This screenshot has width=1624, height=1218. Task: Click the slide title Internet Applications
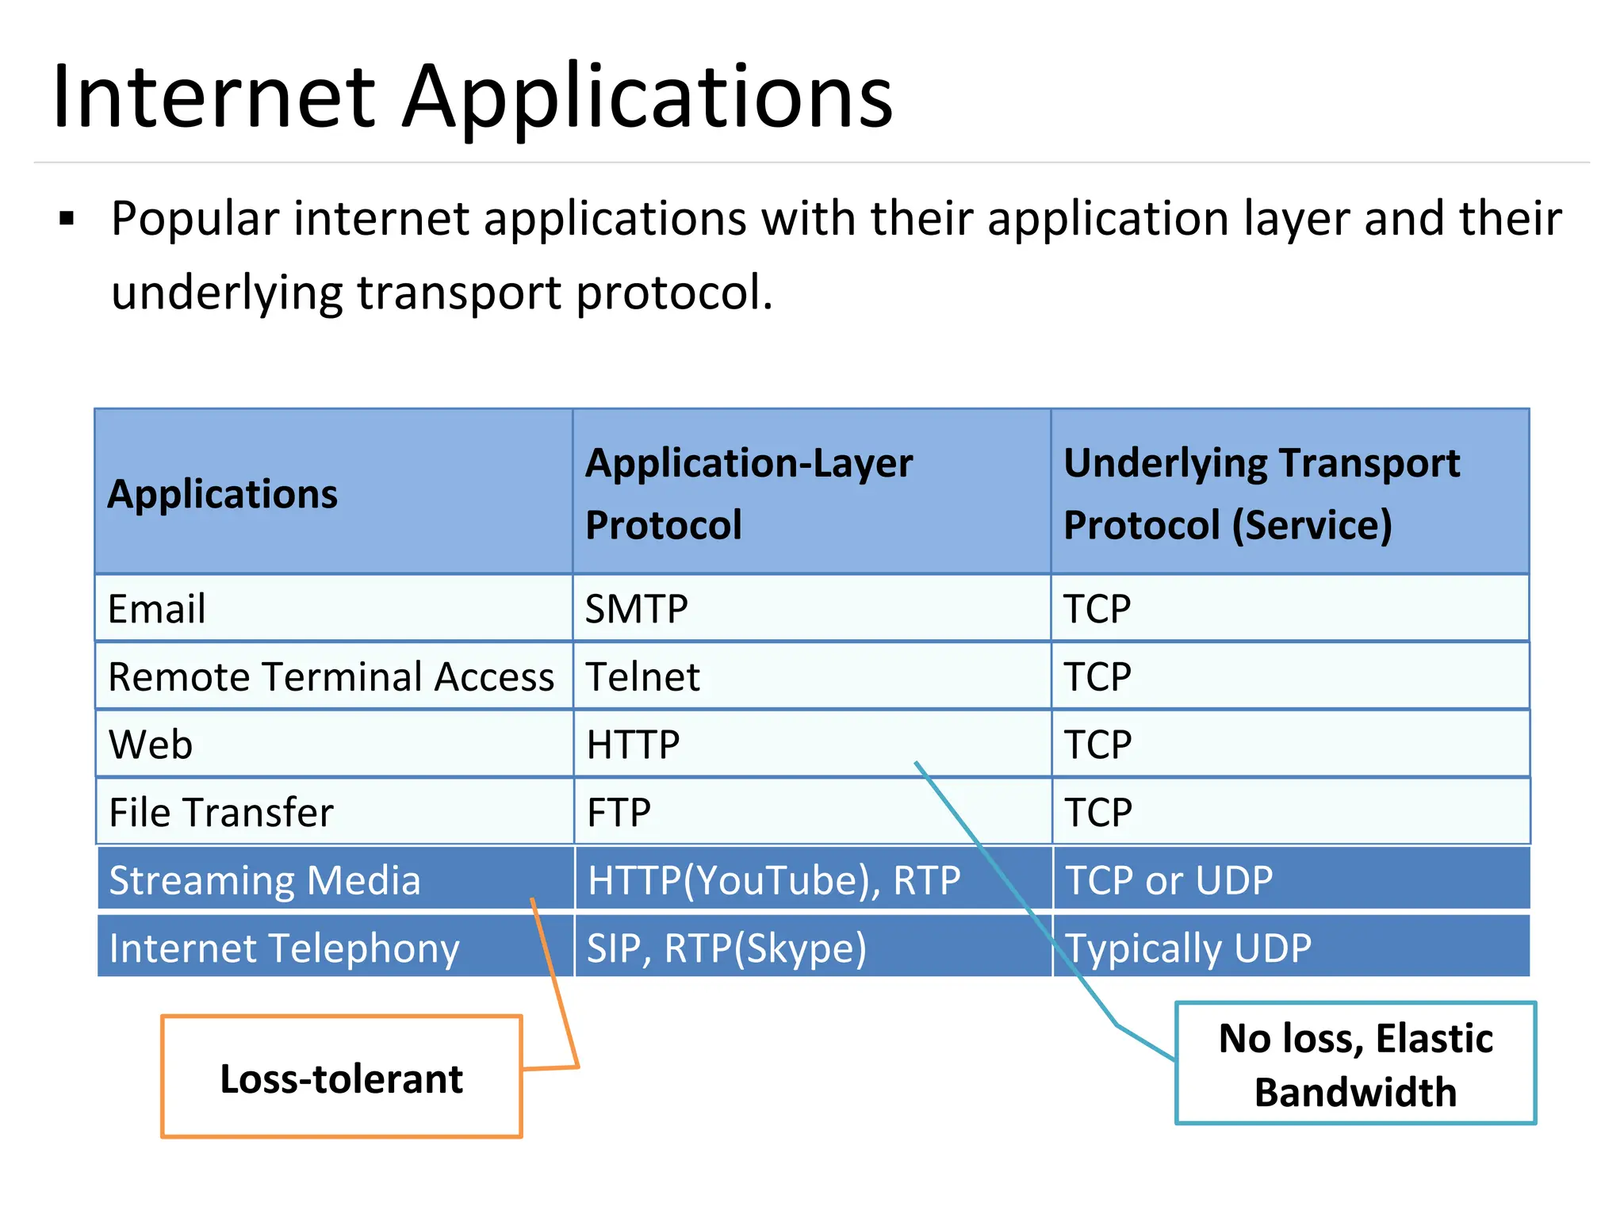[473, 97]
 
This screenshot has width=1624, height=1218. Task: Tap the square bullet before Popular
[67, 218]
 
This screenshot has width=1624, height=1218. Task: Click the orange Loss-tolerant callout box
[342, 1078]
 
